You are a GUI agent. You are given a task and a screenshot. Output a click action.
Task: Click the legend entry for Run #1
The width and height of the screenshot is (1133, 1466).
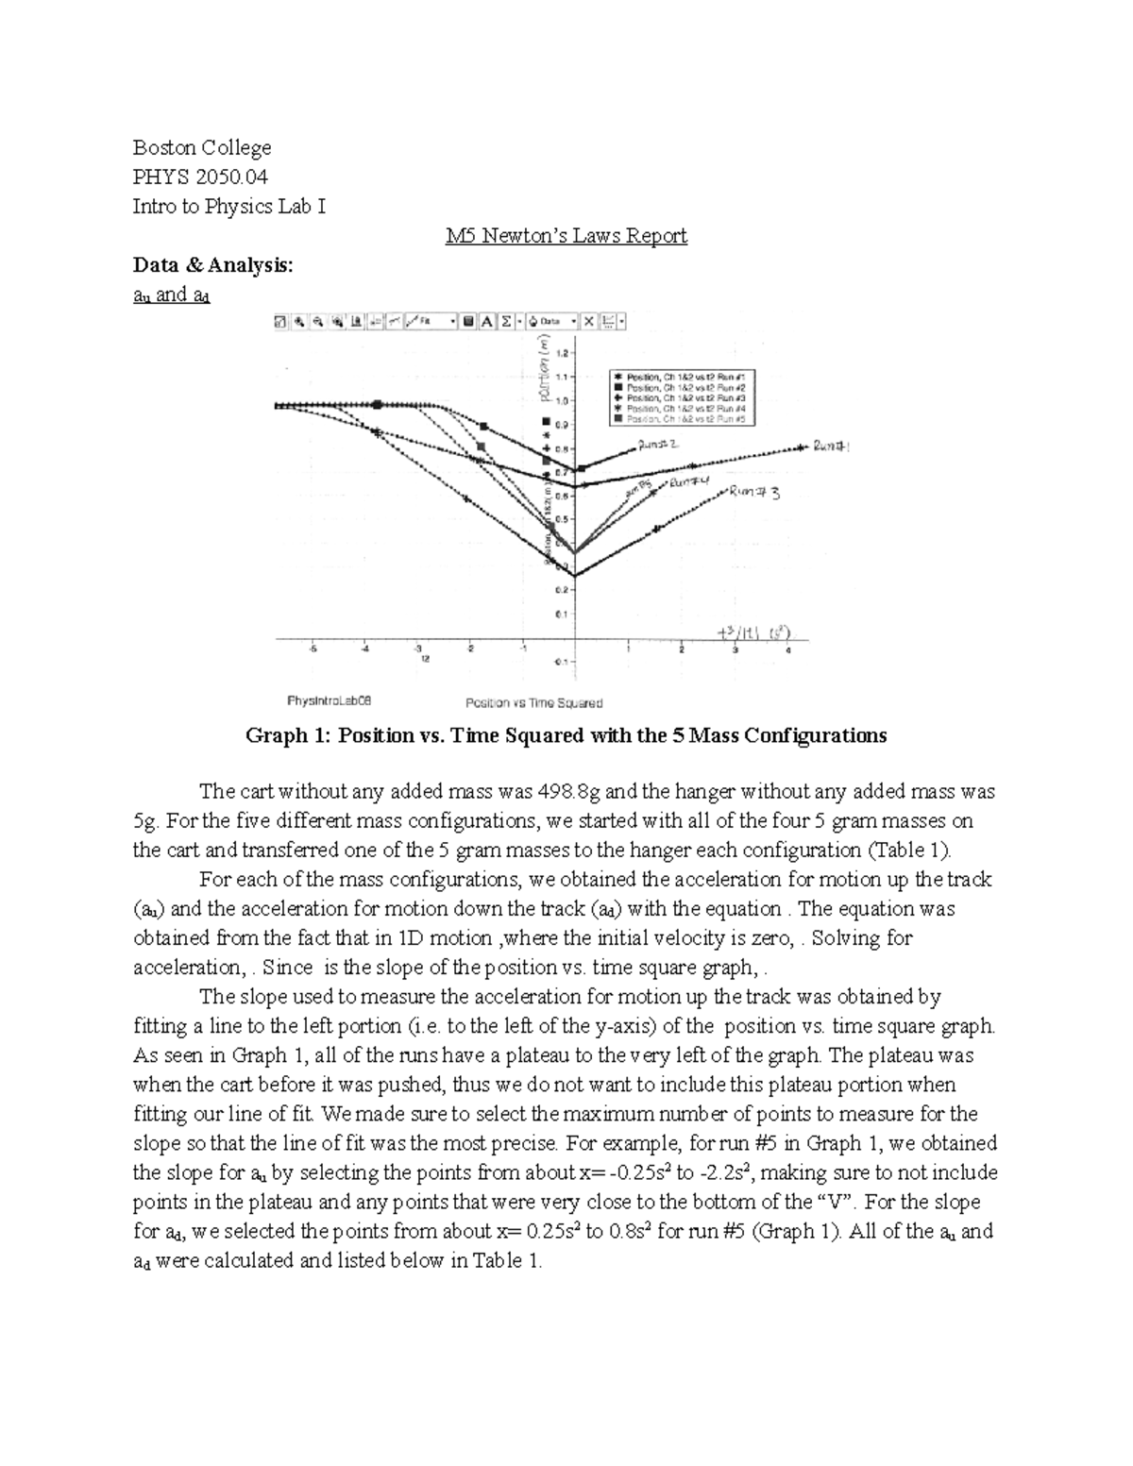coord(684,377)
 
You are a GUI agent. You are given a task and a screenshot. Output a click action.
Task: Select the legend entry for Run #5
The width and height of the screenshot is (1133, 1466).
coord(684,418)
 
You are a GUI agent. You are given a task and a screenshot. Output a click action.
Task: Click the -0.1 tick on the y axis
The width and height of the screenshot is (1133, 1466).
coord(562,662)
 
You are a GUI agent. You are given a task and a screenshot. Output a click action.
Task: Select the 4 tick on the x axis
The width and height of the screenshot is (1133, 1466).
coord(787,649)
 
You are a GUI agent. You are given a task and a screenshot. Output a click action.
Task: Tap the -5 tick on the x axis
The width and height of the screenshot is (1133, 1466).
coord(313,649)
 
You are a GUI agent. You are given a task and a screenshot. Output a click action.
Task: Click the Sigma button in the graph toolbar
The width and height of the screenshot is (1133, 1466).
coord(506,321)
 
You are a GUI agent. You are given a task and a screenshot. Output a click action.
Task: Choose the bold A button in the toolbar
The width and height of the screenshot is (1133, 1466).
coord(487,321)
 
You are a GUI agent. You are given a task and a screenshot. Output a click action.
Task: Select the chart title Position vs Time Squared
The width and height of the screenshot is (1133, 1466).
coord(533,702)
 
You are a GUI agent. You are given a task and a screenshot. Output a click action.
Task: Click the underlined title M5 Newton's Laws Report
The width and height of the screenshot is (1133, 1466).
coord(566,236)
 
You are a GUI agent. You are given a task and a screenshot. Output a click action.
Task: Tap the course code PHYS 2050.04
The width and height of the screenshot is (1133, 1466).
coord(200,177)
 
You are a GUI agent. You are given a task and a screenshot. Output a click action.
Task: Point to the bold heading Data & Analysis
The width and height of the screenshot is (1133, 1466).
coord(213,265)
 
